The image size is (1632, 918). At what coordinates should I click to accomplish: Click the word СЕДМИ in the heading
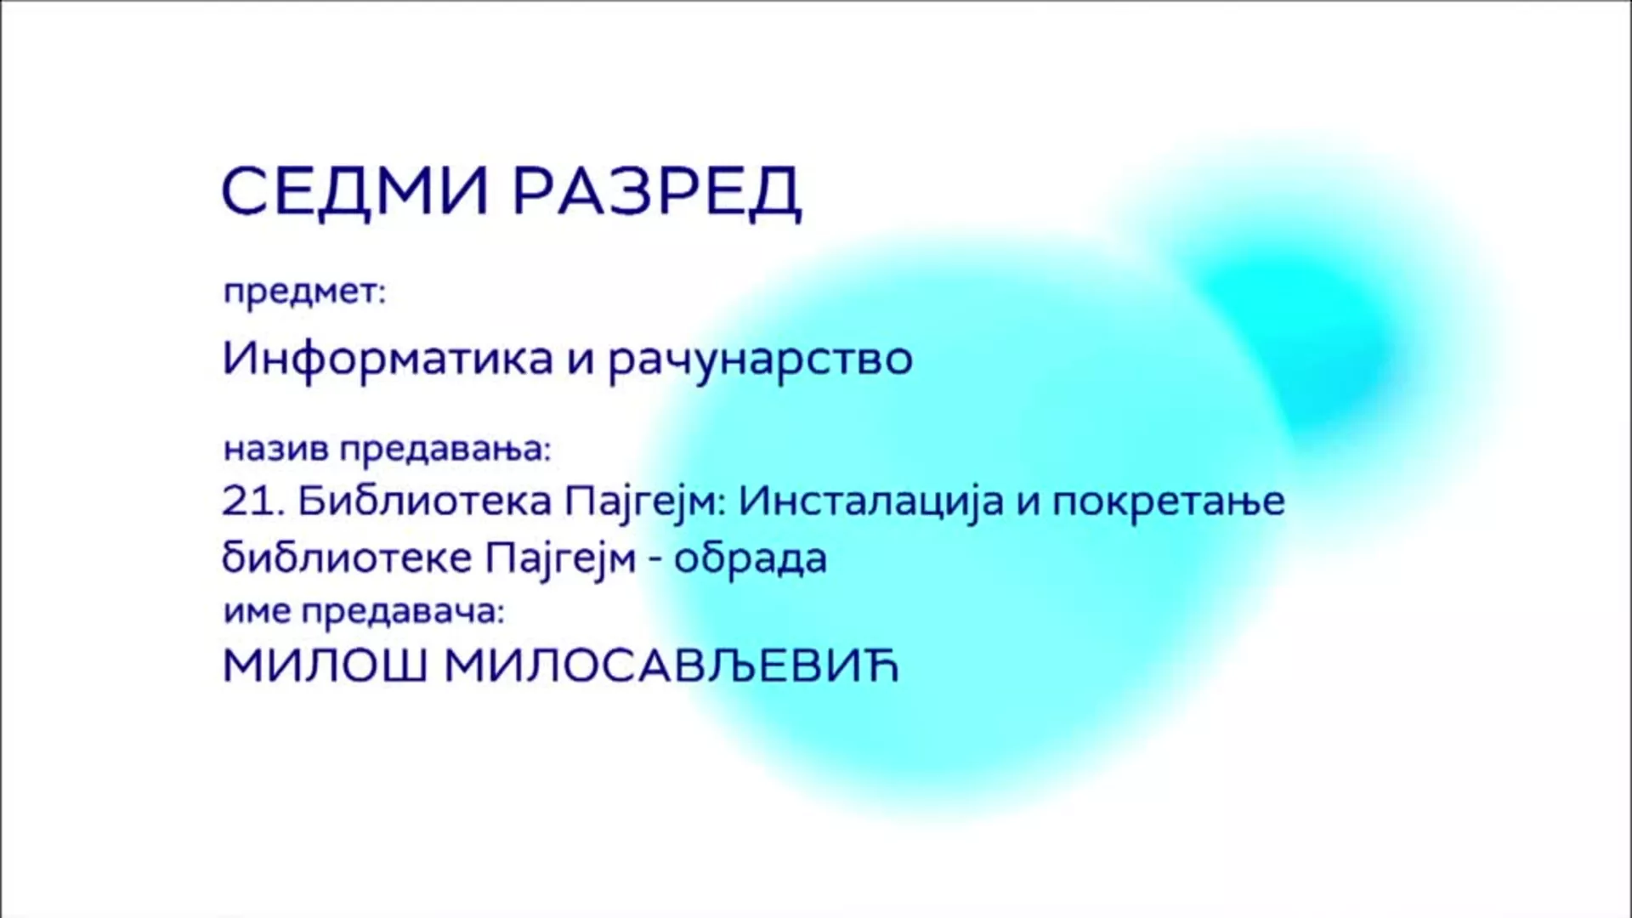[354, 191]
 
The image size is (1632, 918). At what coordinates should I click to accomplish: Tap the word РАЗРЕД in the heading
[657, 193]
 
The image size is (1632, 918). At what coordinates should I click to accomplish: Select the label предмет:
[304, 294]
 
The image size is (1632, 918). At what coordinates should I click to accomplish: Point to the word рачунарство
[761, 361]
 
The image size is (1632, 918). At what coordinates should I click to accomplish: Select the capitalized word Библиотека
[425, 501]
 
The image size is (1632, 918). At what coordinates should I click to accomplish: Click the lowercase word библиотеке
[347, 558]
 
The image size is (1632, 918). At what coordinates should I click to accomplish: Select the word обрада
[751, 558]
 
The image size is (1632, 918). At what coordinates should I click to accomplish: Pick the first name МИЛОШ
[326, 667]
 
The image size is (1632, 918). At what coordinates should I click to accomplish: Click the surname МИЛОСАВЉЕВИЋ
[671, 667]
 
